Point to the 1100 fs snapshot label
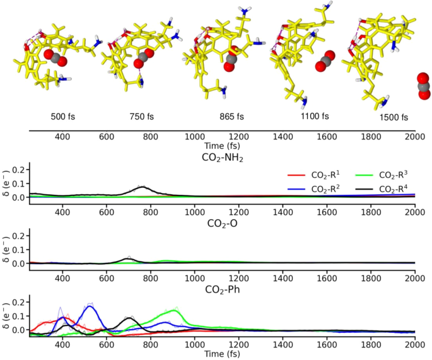pyautogui.click(x=313, y=117)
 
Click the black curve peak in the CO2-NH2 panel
pyautogui.click(x=143, y=187)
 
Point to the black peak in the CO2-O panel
pyautogui.click(x=129, y=258)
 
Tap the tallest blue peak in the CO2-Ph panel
pyautogui.click(x=90, y=306)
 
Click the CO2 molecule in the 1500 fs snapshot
pyautogui.click(x=423, y=86)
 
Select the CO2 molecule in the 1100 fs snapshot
pyautogui.click(x=325, y=61)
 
